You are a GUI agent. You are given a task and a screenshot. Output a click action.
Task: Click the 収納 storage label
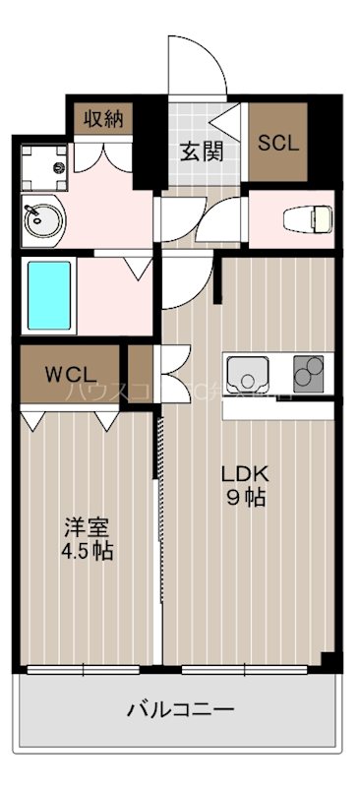(102, 120)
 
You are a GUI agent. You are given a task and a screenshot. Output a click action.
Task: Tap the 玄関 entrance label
(201, 151)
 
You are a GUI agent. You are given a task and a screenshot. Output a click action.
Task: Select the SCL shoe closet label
(278, 141)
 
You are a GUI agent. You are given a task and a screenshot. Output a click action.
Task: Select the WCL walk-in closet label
(68, 375)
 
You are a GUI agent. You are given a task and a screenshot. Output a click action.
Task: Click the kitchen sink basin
(248, 375)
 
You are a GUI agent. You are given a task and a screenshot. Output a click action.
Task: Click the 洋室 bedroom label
(83, 526)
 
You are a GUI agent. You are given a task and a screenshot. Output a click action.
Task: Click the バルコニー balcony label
(179, 709)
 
